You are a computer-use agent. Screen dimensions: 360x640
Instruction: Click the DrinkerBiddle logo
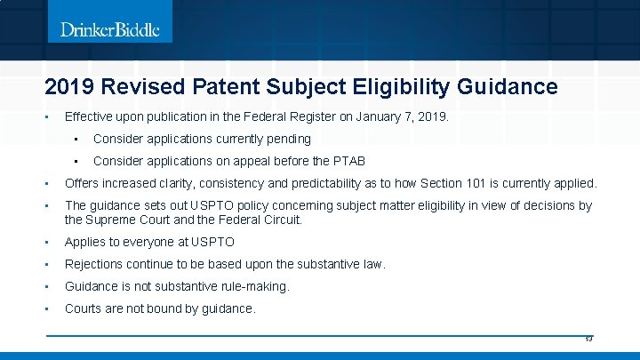110,30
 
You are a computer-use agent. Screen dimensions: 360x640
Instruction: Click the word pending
287,139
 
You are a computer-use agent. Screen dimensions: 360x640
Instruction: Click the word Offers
83,184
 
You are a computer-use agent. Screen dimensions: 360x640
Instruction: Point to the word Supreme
116,219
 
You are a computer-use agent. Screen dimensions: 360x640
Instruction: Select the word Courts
84,308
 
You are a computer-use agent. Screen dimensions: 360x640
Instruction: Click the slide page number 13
588,339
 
